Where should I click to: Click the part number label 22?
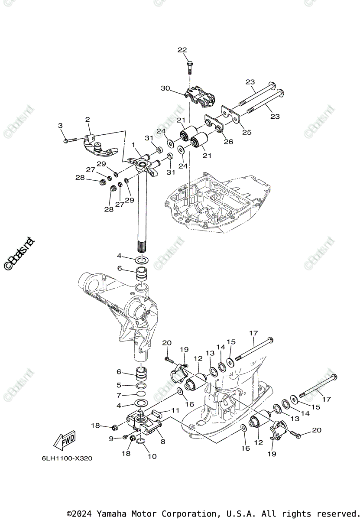click(182, 50)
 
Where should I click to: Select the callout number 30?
click(165, 88)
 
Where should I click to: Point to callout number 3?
click(60, 125)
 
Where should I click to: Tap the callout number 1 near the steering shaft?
click(134, 145)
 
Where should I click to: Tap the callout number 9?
click(111, 439)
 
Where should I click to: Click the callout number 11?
click(175, 410)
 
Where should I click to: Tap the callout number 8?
click(163, 442)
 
